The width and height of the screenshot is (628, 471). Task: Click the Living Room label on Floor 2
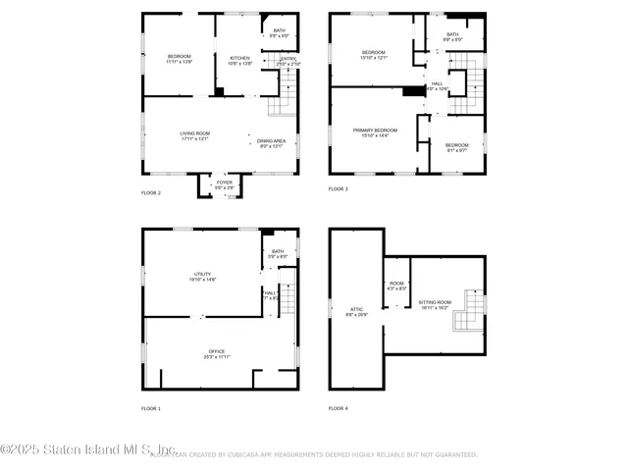[x=194, y=136]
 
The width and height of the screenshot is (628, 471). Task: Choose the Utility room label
[x=203, y=277]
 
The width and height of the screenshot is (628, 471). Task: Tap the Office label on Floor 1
[x=217, y=353]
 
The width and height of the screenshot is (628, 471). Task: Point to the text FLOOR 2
[x=151, y=192]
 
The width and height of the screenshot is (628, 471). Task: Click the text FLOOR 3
[x=338, y=188]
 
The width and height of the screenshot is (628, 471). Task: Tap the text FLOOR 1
[x=151, y=407]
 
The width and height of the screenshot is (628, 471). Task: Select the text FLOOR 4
[x=338, y=407]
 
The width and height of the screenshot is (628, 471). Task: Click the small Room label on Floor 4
[x=396, y=286]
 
